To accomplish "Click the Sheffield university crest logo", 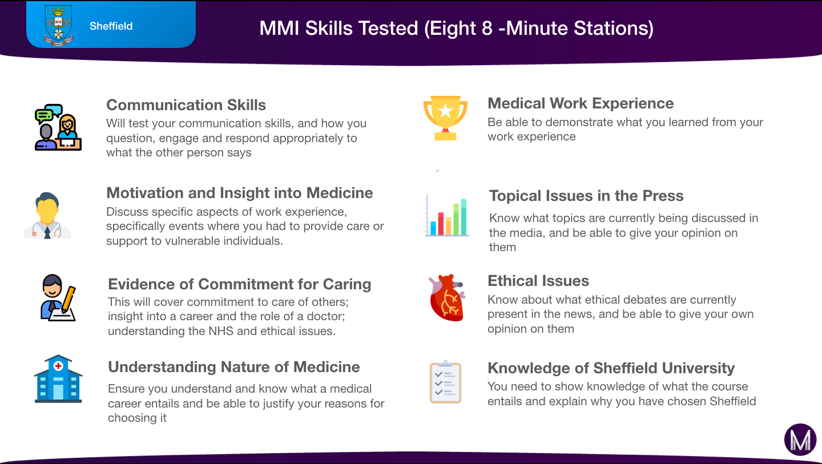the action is pos(58,25).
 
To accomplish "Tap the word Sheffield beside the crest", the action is pos(111,26).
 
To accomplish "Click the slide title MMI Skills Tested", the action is pos(457,28).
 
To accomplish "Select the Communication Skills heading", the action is pos(186,105).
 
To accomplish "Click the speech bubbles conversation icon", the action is pos(58,127).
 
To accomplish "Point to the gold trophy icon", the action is pos(445,118).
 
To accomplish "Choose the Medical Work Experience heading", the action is pos(581,103).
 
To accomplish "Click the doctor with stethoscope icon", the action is pos(47,215).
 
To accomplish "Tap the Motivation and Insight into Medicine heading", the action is pos(240,193).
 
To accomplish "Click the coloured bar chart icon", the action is pos(446,215).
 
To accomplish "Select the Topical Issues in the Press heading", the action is pos(586,196).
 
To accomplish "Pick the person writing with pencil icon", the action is pos(58,297).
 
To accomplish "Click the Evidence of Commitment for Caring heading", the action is pos(240,284).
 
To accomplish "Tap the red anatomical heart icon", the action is pos(447,297).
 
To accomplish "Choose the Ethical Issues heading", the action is pos(538,281).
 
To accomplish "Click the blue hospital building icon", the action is pos(58,379).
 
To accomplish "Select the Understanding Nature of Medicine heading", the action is pos(234,367).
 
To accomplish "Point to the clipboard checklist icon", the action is pos(445,382).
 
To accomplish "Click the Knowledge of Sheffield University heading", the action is pos(611,368).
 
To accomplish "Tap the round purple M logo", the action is pos(800,439).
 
